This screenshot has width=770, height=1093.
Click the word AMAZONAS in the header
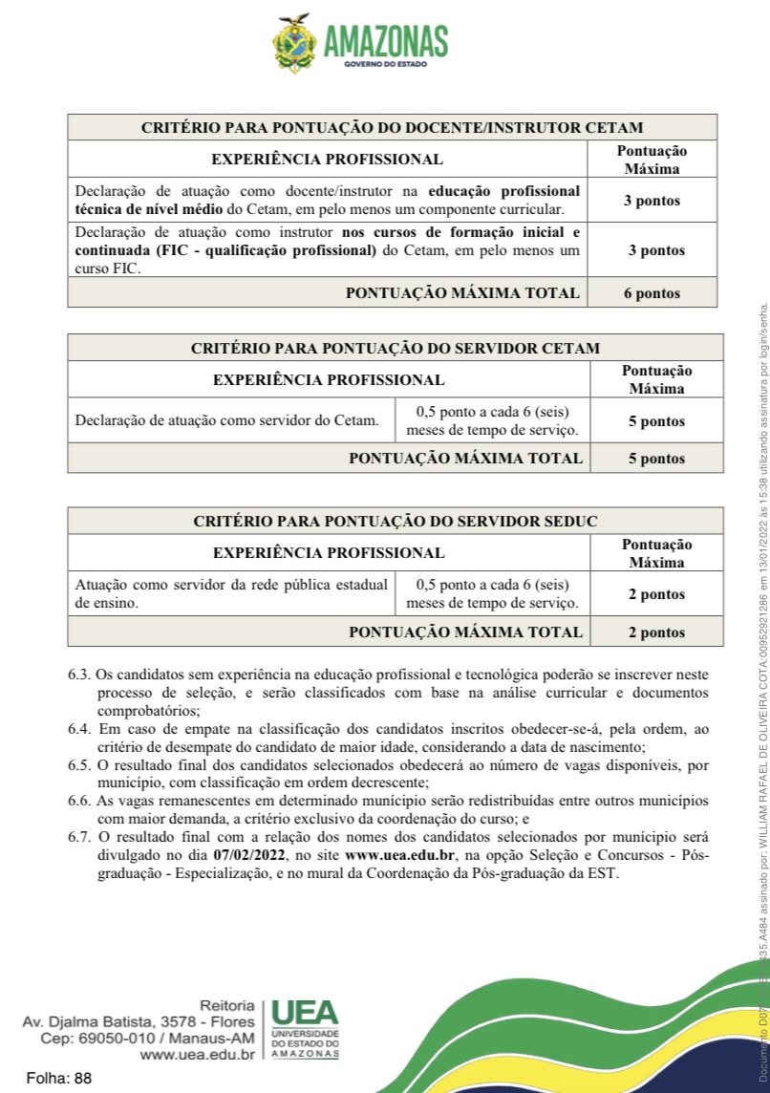[386, 41]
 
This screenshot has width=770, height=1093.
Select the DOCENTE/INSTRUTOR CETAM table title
[392, 127]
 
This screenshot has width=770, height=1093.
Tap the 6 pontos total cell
[652, 293]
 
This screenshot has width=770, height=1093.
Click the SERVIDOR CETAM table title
[395, 348]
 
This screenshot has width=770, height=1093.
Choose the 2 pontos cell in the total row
[656, 632]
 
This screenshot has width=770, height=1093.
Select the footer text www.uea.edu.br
[197, 1055]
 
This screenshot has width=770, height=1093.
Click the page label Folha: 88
[59, 1078]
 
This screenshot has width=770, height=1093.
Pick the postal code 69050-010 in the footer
[111, 1039]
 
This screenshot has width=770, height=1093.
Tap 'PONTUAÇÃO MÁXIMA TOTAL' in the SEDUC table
[465, 632]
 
